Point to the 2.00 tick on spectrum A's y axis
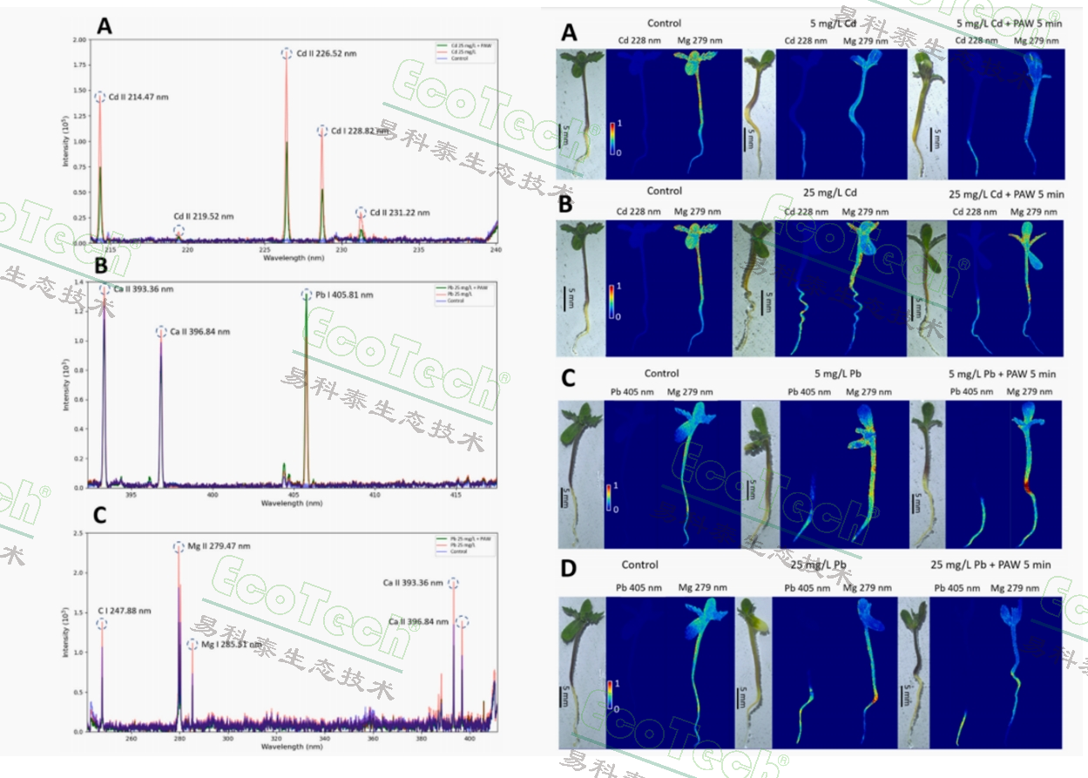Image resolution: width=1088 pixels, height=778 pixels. (x=80, y=40)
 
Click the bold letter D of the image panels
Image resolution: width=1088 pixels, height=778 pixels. (x=569, y=569)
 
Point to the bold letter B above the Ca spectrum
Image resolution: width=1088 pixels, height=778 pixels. (x=101, y=265)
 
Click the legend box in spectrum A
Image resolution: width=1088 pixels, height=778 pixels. (x=463, y=49)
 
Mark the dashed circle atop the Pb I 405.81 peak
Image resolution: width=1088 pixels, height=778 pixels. (x=306, y=294)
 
